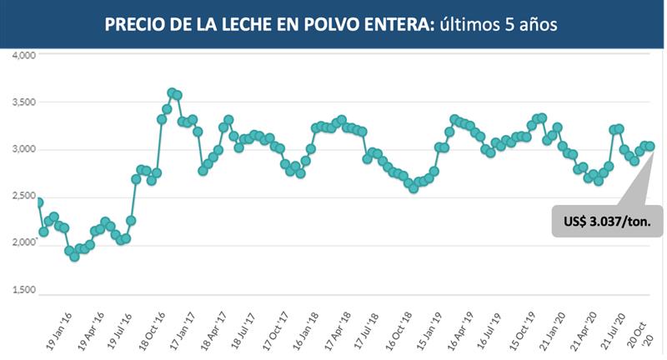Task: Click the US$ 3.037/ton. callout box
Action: pyautogui.click(x=607, y=222)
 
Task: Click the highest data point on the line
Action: pyautogui.click(x=172, y=92)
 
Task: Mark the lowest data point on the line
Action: pyautogui.click(x=74, y=257)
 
